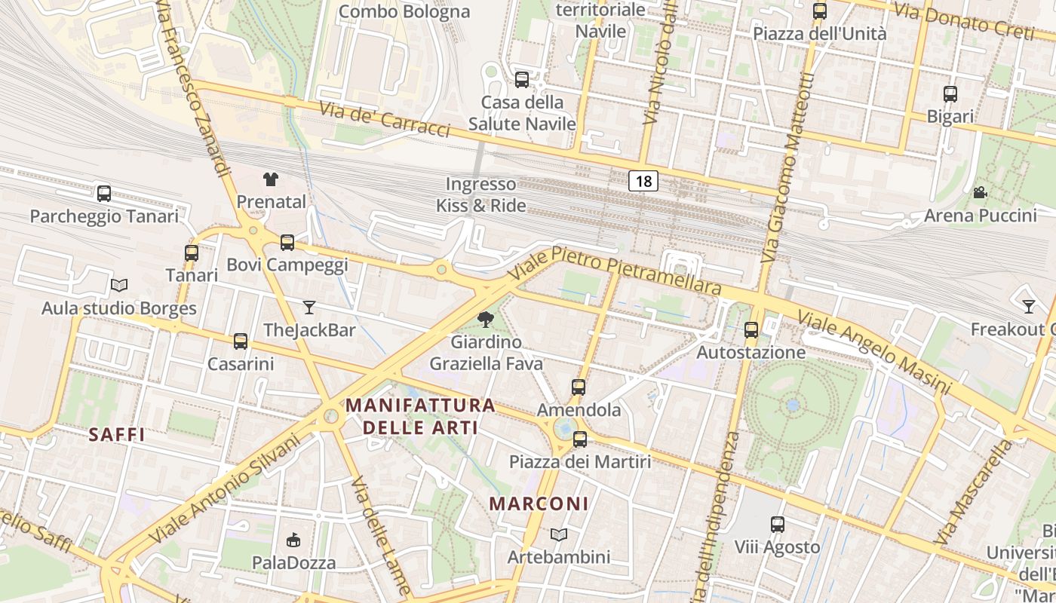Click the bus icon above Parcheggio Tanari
104,194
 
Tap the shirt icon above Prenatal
271,179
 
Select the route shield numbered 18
643,181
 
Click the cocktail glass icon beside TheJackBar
309,307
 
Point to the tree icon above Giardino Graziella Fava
486,320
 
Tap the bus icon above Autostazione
751,329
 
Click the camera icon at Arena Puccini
980,192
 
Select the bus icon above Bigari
950,94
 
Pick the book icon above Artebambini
558,534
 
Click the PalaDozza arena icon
293,540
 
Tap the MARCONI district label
539,504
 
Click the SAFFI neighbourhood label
116,435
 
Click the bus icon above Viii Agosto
777,524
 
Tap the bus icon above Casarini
241,341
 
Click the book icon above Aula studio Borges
118,285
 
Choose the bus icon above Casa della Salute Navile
521,79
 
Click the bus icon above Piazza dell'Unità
819,11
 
